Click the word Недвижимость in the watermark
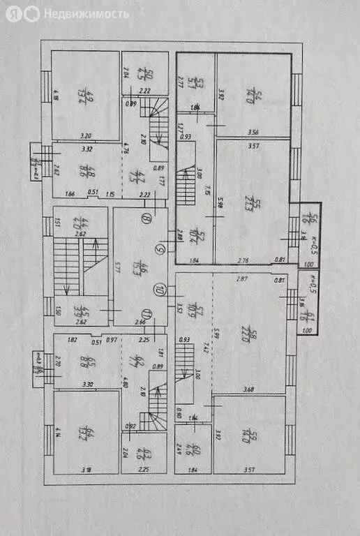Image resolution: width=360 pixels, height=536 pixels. [87, 14]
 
